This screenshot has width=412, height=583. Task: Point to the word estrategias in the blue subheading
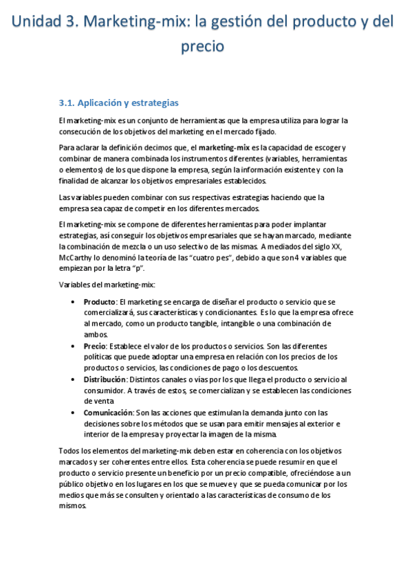click(x=151, y=103)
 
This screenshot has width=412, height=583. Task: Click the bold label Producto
click(x=100, y=302)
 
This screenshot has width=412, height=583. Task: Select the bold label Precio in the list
click(x=95, y=346)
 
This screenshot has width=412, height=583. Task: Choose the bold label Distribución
click(x=105, y=379)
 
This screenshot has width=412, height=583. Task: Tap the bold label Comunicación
click(x=108, y=412)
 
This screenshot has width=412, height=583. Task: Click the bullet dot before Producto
click(x=74, y=302)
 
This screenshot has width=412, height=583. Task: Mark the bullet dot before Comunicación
click(x=74, y=412)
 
